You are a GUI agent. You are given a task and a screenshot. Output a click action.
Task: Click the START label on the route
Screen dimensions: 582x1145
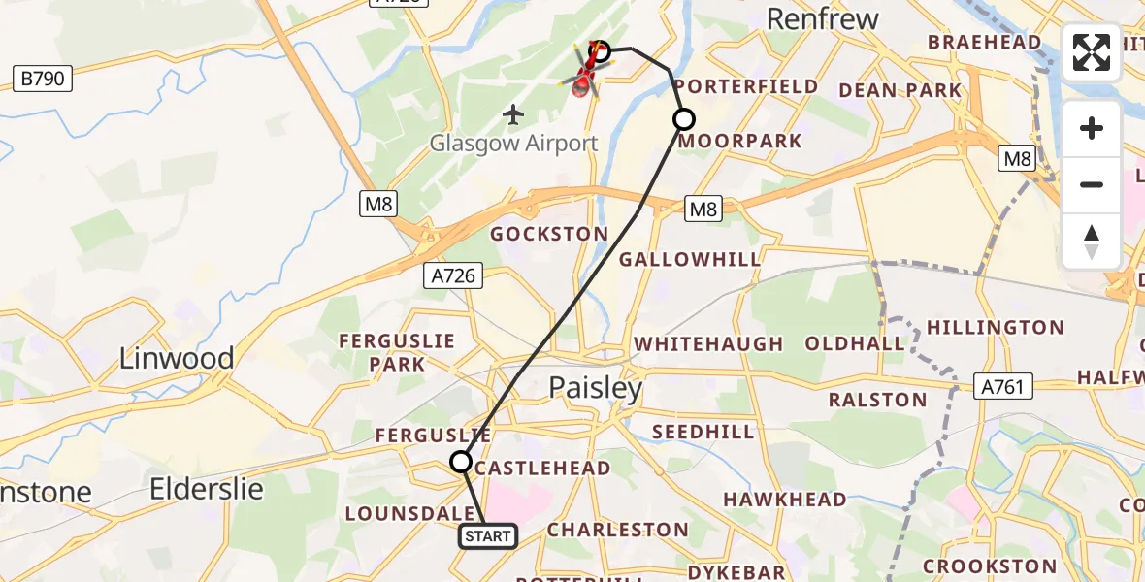[487, 536]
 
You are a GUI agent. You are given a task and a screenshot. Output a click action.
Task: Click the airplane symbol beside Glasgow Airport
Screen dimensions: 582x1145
[513, 115]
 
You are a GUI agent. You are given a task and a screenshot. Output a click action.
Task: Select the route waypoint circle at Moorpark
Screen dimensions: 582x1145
[684, 119]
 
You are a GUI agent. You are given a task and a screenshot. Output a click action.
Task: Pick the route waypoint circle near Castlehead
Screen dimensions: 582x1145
[461, 462]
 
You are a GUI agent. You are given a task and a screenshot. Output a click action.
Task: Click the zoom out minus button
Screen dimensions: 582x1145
[1092, 184]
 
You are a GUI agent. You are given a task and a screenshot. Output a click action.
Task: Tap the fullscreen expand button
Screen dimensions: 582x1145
[1092, 52]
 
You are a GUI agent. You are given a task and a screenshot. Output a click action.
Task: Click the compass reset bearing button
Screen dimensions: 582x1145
[1092, 241]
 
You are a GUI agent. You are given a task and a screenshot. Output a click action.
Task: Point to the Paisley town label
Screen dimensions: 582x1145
[596, 388]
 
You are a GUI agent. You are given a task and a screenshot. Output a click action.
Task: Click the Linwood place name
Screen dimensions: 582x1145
[177, 358]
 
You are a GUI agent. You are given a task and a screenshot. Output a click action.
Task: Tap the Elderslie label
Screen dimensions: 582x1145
[207, 488]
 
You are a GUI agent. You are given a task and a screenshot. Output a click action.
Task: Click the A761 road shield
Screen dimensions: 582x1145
[1003, 387]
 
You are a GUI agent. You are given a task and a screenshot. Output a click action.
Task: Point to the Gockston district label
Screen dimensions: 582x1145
[549, 234]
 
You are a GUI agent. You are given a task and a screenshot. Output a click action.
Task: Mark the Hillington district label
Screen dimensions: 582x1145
[996, 327]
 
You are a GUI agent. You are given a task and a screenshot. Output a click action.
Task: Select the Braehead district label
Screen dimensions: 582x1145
[985, 42]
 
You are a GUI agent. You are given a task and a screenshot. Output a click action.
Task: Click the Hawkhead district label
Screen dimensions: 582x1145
[785, 499]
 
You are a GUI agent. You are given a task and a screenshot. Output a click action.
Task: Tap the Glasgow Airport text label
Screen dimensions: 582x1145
[514, 144]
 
